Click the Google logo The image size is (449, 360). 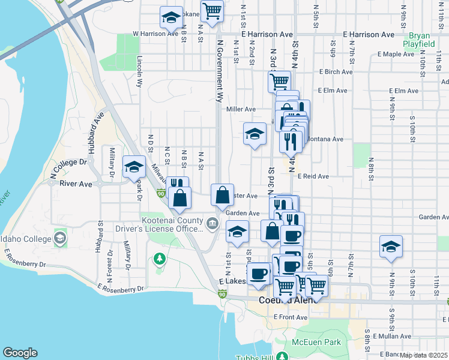tap(20, 353)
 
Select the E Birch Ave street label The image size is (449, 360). tap(336, 72)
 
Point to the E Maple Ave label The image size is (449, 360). tap(396, 54)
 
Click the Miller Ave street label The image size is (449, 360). tap(241, 109)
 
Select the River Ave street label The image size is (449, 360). tap(76, 184)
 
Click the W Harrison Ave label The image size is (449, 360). tap(156, 34)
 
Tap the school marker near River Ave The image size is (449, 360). tap(133, 167)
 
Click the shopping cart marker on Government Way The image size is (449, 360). tap(212, 11)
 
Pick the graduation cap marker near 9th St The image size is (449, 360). tap(391, 247)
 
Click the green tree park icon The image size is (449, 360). tap(159, 259)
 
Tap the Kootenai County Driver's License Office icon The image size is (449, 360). tap(212, 224)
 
